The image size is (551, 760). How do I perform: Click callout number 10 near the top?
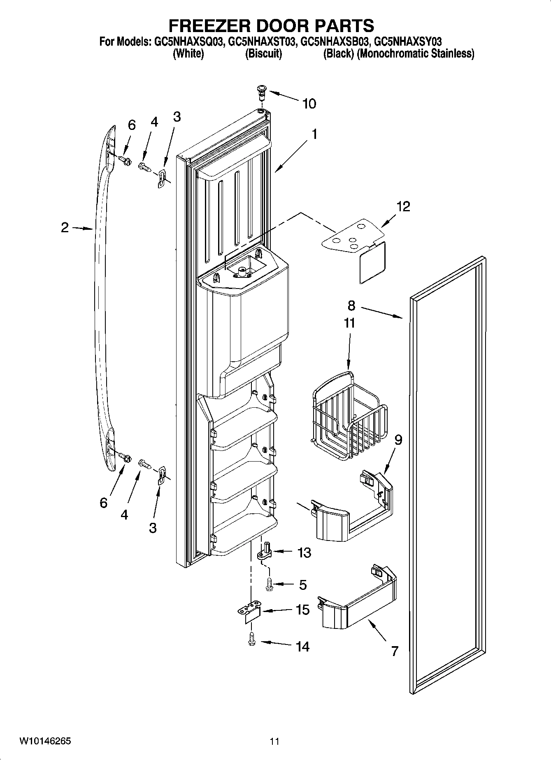click(x=309, y=104)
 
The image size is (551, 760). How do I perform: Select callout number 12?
click(x=403, y=207)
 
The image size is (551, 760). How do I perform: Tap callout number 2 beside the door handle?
click(x=65, y=227)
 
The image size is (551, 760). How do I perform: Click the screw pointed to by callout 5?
click(x=270, y=584)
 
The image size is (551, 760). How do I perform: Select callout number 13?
click(x=304, y=553)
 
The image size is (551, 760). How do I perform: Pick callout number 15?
click(x=302, y=610)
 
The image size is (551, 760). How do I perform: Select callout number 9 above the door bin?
click(x=398, y=440)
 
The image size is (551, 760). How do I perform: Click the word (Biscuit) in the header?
click(x=263, y=54)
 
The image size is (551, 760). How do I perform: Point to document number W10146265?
click(x=44, y=741)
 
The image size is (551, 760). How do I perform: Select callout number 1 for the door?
click(x=314, y=134)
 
